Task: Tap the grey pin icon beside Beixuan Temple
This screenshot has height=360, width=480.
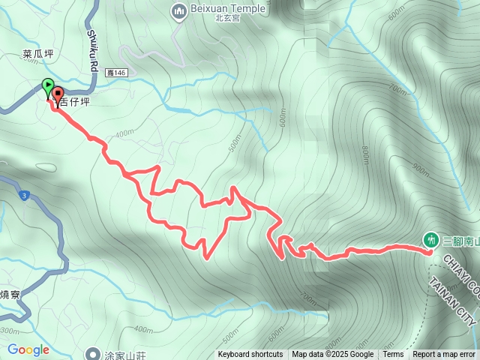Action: pos(178,11)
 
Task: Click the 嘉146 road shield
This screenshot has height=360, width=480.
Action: pos(117,72)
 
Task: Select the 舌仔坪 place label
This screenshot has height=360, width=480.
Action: pos(76,102)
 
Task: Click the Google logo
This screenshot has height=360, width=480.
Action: pos(28,349)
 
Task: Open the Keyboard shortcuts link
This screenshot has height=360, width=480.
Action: pos(250,355)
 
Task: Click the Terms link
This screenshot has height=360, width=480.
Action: pos(393,355)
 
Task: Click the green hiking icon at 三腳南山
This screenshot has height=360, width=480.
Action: pos(430,240)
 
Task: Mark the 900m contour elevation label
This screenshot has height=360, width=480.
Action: pos(422,169)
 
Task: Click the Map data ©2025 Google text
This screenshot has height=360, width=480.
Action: pos(333,355)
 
